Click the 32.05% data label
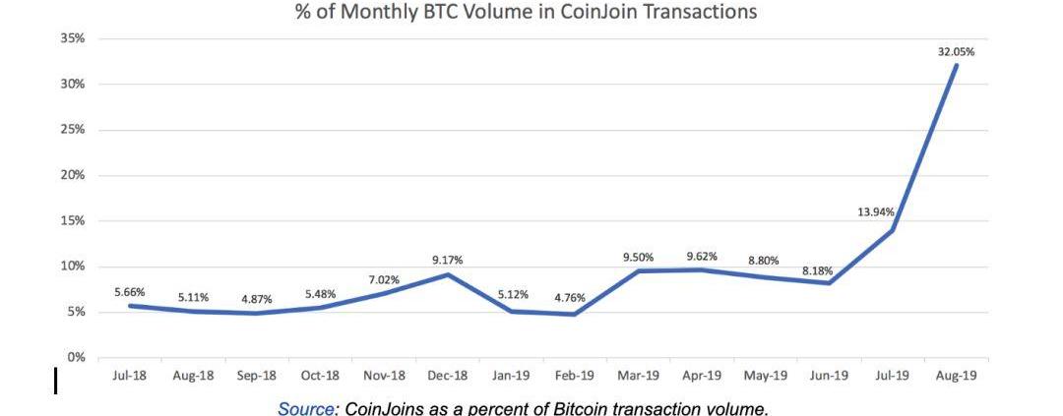pyautogui.click(x=955, y=51)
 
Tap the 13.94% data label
pyautogui.click(x=875, y=212)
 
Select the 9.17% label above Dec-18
pyautogui.click(x=447, y=260)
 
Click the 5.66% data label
pyautogui.click(x=130, y=291)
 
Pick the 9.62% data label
pyautogui.click(x=702, y=256)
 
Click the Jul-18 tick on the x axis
pyautogui.click(x=130, y=376)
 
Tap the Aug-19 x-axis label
pyautogui.click(x=955, y=376)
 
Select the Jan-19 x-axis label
pyautogui.click(x=511, y=376)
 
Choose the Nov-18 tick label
pyautogui.click(x=384, y=376)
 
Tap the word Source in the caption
pyautogui.click(x=305, y=407)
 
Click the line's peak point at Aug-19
pyautogui.click(x=955, y=65)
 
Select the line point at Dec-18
pyautogui.click(x=447, y=274)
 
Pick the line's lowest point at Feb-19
pyautogui.click(x=573, y=314)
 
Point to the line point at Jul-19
pyautogui.click(x=892, y=230)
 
